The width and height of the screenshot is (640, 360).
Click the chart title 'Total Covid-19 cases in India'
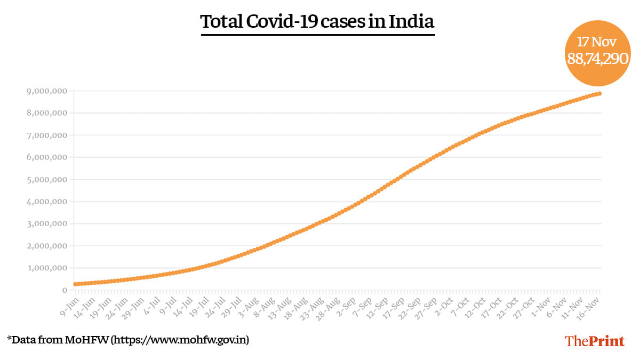click(317, 22)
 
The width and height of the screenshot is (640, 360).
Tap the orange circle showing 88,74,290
click(598, 53)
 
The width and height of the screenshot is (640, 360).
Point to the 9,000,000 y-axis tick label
click(46, 91)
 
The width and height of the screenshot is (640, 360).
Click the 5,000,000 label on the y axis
click(46, 180)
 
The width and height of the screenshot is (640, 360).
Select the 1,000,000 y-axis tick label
click(46, 268)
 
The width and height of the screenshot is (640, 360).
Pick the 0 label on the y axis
click(65, 290)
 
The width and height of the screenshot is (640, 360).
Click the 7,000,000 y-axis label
click(46, 135)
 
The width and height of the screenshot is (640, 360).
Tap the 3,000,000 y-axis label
click(46, 224)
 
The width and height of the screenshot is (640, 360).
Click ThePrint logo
click(594, 341)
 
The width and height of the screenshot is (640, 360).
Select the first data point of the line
click(76, 284)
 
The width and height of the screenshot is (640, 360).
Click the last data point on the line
click(600, 94)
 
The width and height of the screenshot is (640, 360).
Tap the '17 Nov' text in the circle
click(598, 41)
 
